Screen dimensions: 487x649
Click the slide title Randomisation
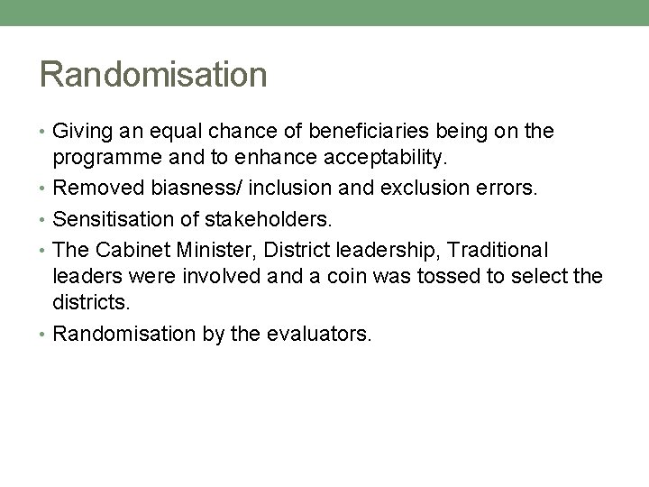pos(152,74)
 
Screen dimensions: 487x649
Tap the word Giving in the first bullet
pos(79,132)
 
